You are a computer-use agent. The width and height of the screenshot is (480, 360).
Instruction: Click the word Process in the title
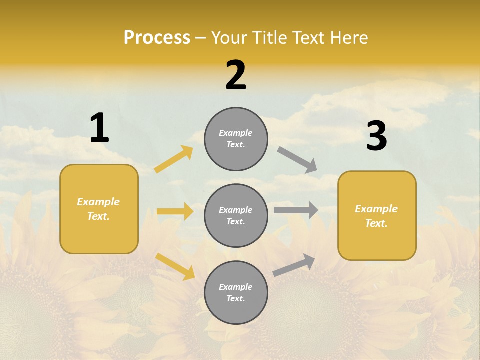coord(157,38)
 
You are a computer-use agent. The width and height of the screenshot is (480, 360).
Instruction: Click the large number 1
coord(99,128)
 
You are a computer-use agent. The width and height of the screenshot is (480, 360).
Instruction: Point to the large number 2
coord(236,76)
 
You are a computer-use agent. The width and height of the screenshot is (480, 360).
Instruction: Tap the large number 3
coord(376,136)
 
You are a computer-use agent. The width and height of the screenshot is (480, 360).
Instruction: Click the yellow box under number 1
coord(99,209)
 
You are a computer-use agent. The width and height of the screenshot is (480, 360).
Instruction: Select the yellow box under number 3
coord(377,216)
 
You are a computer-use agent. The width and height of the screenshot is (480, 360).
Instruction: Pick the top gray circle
coord(236,139)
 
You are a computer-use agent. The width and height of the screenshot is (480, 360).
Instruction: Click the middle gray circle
coord(236,216)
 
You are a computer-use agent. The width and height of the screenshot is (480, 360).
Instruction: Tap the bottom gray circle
coord(236,293)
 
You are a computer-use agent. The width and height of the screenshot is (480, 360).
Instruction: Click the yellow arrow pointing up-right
coord(174,159)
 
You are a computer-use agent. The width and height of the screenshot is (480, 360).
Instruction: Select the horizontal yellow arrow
coord(175,211)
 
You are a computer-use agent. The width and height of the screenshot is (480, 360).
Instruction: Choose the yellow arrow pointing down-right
coord(175,266)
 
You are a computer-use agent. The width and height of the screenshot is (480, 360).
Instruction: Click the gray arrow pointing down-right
coord(297,160)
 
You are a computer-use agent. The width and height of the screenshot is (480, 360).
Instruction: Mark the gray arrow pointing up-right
coord(294,265)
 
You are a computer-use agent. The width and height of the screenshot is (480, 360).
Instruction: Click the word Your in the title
coord(227,38)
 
